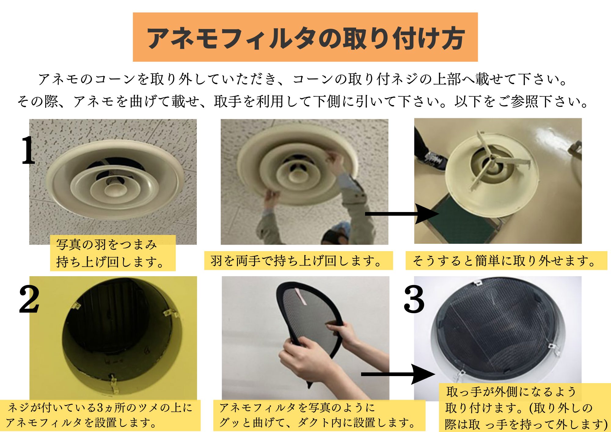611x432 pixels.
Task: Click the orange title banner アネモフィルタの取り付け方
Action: [x=305, y=37]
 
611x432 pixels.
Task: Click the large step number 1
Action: [x=28, y=150]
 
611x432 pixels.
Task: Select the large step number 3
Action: [x=414, y=299]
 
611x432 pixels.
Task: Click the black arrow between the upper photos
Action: [x=402, y=214]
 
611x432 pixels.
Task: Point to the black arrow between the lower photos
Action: [x=398, y=374]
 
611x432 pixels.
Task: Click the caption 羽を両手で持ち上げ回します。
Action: [x=298, y=261]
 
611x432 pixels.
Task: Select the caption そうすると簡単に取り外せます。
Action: [x=506, y=261]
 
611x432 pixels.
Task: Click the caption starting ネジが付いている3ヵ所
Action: [x=100, y=415]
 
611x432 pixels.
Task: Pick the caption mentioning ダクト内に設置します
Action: [x=319, y=415]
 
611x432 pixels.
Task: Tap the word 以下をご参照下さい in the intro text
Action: [x=521, y=101]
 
